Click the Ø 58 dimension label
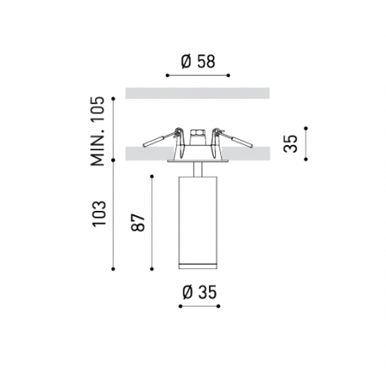[198, 61]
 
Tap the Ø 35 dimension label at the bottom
[199, 292]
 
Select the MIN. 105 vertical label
[97, 132]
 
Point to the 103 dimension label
[99, 213]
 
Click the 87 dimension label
[138, 222]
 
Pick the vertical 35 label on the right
[290, 143]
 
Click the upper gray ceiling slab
[197, 93]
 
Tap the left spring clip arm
[161, 138]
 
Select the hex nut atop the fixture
[197, 132]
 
